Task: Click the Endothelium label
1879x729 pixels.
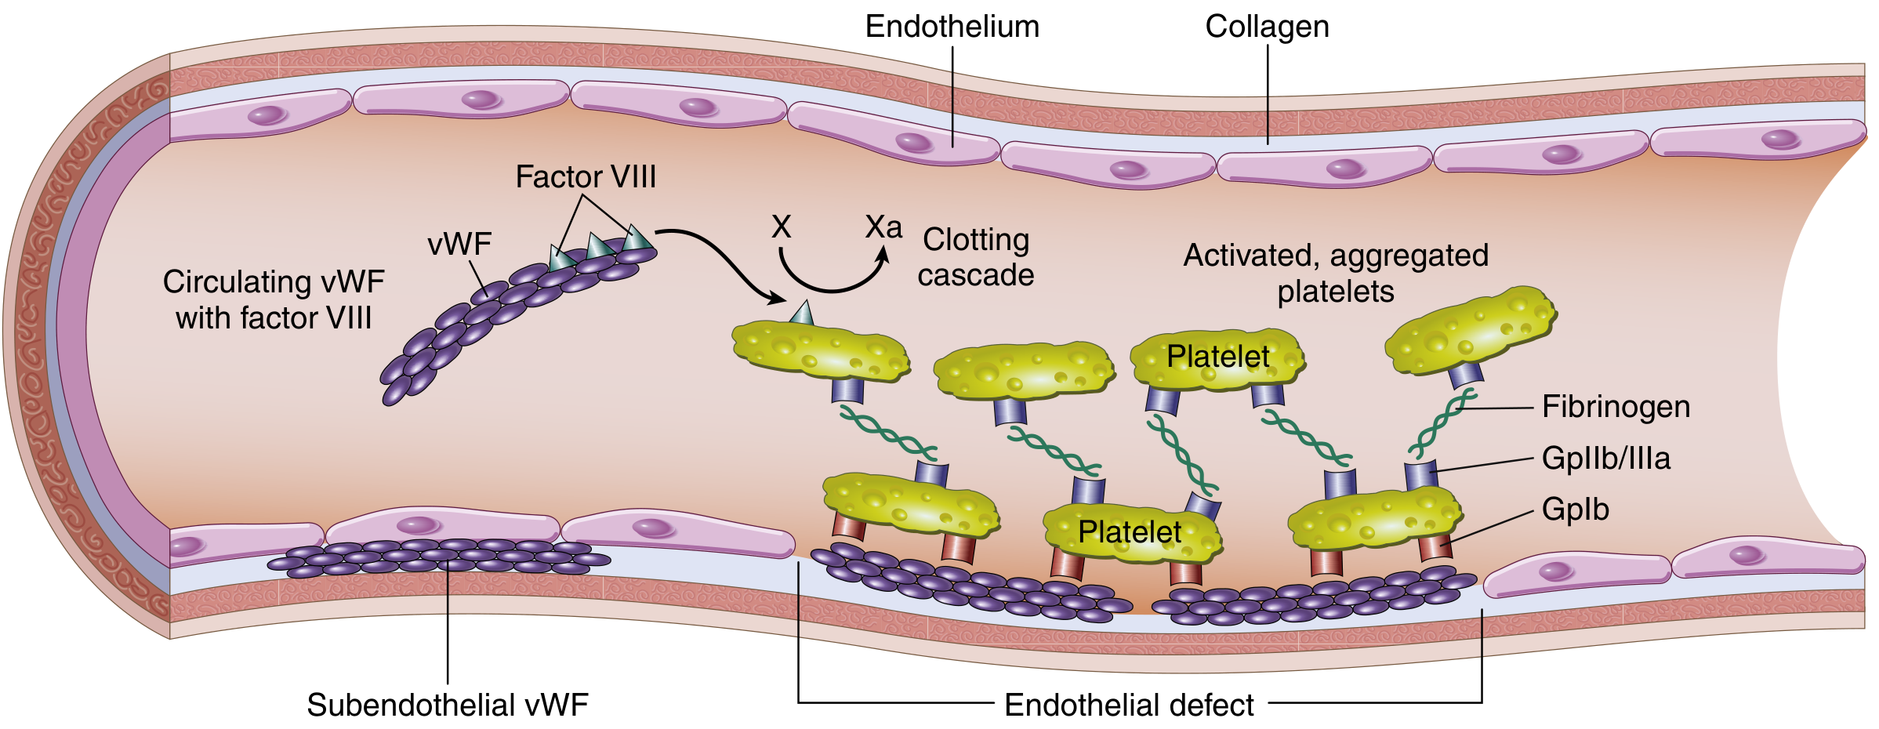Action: click(952, 27)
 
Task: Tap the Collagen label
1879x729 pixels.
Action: click(1267, 27)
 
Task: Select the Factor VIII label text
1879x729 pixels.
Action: click(586, 176)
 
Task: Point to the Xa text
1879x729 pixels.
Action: click(883, 227)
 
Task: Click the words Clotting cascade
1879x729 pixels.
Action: click(976, 257)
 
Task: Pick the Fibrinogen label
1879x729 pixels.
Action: click(1616, 407)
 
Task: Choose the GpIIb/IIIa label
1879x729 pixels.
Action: click(1605, 458)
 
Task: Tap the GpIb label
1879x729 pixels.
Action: click(1575, 510)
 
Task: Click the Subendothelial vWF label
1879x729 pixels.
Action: click(447, 705)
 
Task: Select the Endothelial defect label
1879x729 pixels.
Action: click(1129, 705)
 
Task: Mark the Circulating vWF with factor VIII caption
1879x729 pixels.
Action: click(274, 299)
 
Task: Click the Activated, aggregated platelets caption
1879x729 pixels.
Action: click(1336, 273)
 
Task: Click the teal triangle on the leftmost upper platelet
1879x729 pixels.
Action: click(802, 314)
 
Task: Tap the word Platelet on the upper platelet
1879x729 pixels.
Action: click(1217, 357)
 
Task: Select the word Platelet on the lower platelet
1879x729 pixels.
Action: click(1129, 532)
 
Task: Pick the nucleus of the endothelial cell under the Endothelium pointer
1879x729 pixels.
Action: click(913, 143)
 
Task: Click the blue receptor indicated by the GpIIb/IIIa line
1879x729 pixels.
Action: click(1420, 475)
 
